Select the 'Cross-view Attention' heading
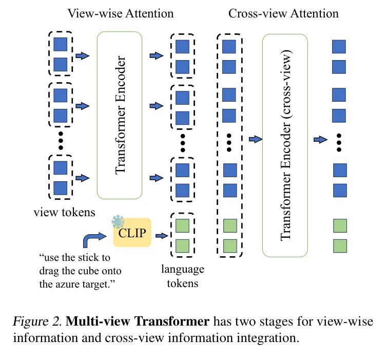point(283,13)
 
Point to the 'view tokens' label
point(64,212)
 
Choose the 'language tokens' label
point(182,276)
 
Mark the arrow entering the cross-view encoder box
point(254,139)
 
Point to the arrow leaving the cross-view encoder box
point(320,139)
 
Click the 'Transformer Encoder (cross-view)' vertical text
point(285,146)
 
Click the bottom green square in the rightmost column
point(339,245)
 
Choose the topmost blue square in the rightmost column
point(339,47)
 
